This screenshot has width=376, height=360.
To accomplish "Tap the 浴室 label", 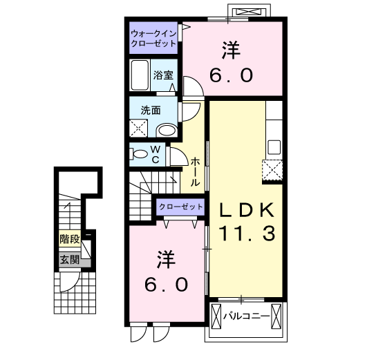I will pos(163,74).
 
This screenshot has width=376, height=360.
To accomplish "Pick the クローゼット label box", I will pos(181,207).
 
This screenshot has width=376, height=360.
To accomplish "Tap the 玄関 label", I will pos(69,260).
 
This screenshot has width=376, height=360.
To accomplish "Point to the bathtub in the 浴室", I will pos(140,74).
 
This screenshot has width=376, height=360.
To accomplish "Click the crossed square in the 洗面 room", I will pos(140,128).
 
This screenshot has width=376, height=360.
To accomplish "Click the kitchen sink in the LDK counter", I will pos(274,146).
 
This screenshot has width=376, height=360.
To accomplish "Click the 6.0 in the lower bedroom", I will pos(166,284).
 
